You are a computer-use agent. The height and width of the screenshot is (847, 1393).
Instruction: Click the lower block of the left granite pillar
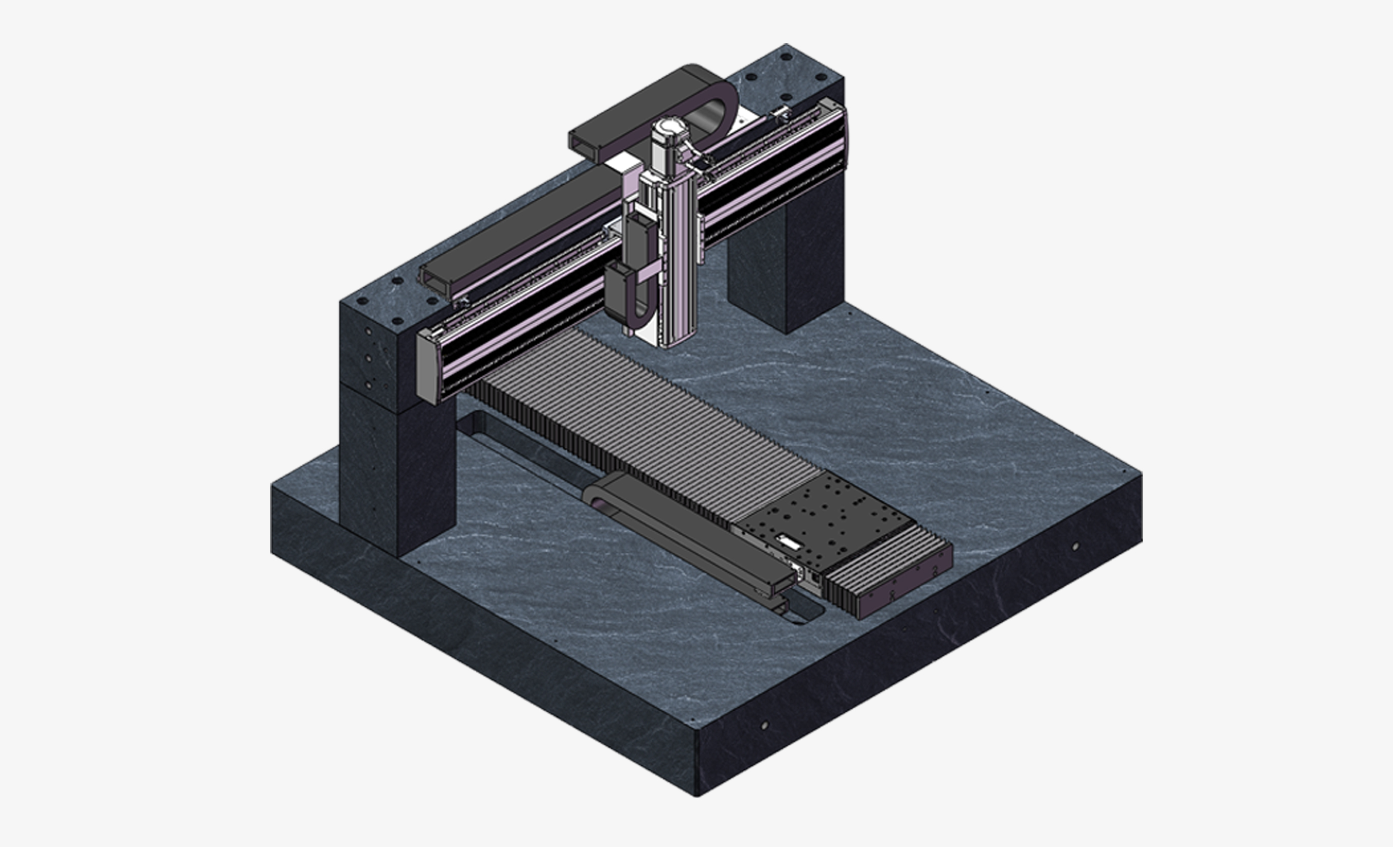[396, 469]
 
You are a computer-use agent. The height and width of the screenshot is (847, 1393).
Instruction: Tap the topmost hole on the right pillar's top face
[787, 57]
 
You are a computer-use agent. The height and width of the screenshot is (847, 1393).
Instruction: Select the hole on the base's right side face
[1076, 547]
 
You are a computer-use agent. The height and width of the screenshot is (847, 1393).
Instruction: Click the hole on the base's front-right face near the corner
[764, 725]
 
